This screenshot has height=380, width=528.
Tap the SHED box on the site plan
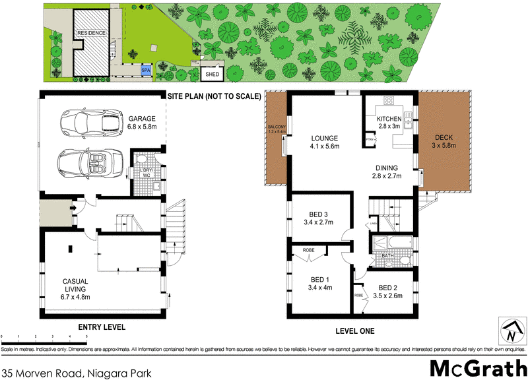pos(213,75)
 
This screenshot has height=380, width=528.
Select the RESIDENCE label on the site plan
pos(91,33)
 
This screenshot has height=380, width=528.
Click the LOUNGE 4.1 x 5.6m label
pos(325,142)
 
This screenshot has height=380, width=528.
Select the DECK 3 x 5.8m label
pos(444,141)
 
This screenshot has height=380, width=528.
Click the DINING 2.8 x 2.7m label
pos(387,172)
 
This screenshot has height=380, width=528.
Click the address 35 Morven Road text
pos(77,373)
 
